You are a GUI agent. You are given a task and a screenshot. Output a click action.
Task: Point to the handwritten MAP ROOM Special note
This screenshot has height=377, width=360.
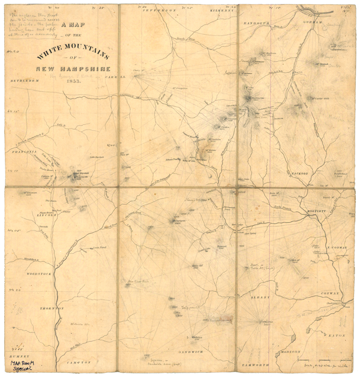20,366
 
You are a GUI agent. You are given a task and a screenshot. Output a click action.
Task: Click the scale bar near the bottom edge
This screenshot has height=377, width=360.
314,359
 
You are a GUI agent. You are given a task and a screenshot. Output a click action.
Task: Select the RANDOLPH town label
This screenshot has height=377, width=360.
257,23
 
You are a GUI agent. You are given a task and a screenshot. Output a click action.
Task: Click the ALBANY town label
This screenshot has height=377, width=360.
261,297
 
